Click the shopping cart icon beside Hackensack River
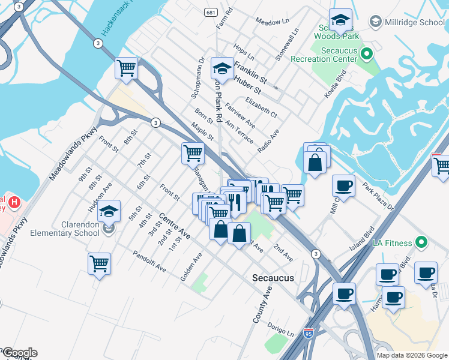point(127,68)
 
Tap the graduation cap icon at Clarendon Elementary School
point(109,212)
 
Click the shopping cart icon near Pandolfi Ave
point(99,263)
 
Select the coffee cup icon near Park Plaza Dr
point(343,185)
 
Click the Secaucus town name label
point(273,278)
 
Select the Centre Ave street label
point(175,226)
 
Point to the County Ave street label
point(263,305)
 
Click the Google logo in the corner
point(19,353)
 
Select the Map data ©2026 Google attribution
point(412,355)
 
